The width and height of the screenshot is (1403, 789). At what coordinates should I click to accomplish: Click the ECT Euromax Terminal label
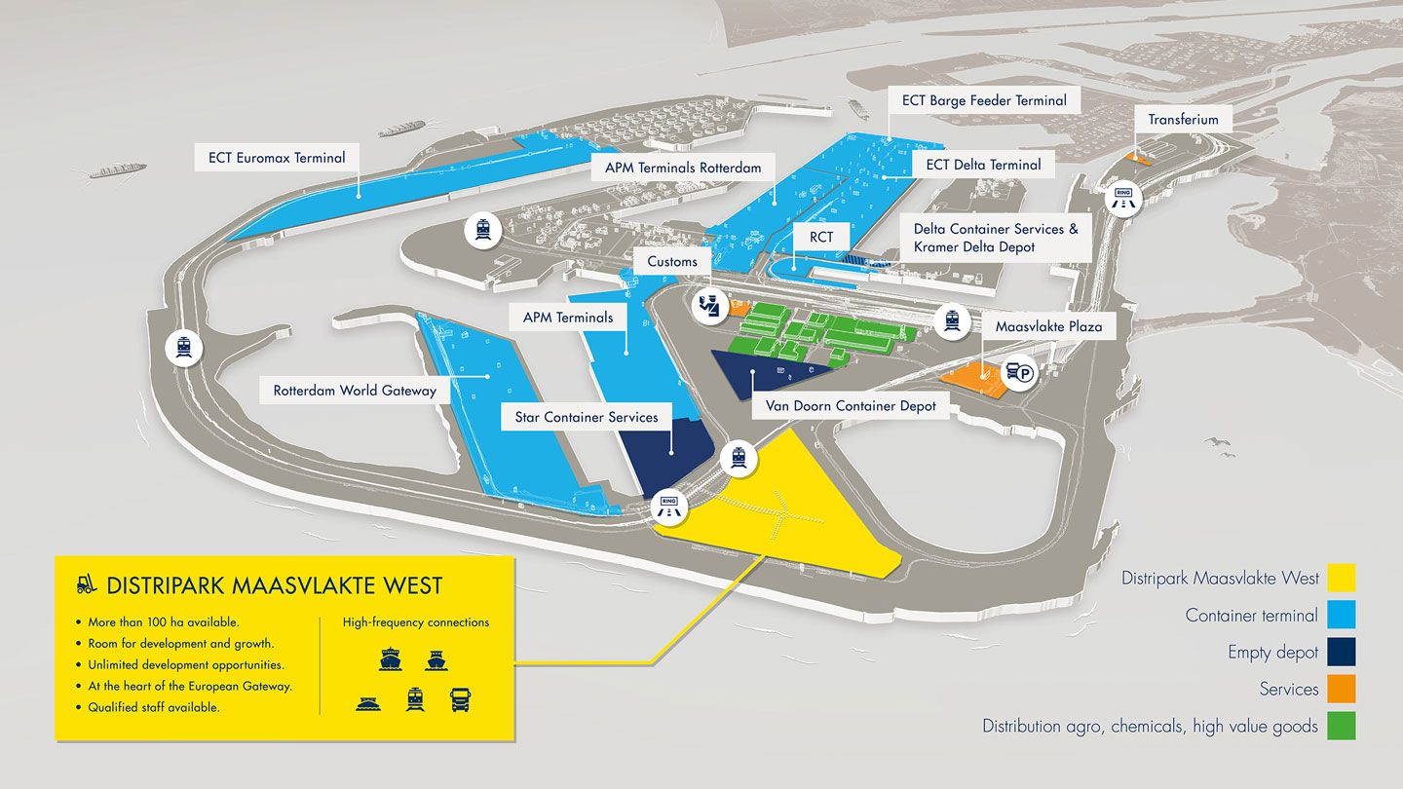point(277,157)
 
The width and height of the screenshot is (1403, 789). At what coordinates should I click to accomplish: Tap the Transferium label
point(1183,120)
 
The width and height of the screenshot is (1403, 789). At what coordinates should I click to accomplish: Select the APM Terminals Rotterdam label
point(682,168)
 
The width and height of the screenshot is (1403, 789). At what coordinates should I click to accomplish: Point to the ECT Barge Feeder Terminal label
point(984,100)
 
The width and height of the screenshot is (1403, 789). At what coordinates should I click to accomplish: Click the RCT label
point(820,237)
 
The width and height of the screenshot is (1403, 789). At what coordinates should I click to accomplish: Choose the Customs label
point(672,261)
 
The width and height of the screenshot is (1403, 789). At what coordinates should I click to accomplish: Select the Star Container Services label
point(587,417)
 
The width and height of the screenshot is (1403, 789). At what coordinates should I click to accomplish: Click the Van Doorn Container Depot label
point(851,405)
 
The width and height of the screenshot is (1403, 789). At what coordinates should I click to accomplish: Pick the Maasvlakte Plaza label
point(1048,326)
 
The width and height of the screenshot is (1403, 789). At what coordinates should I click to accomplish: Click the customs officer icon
point(706,306)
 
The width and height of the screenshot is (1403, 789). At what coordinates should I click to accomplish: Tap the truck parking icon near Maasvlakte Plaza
point(1018,373)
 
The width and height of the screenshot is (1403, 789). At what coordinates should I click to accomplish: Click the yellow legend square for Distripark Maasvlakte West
point(1341,579)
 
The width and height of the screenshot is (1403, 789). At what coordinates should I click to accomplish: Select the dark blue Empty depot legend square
point(1341,652)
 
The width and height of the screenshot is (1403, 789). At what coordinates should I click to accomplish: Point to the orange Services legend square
point(1341,689)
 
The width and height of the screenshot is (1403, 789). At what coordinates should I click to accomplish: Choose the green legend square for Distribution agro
point(1341,726)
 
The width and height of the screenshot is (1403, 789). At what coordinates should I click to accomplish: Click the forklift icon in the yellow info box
point(87,584)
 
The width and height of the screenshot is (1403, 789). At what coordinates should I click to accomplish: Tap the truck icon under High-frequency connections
point(460,699)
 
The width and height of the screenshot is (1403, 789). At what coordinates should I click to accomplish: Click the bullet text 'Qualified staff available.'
point(154,707)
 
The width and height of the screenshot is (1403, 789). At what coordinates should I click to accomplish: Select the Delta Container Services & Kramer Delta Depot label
point(995,239)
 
